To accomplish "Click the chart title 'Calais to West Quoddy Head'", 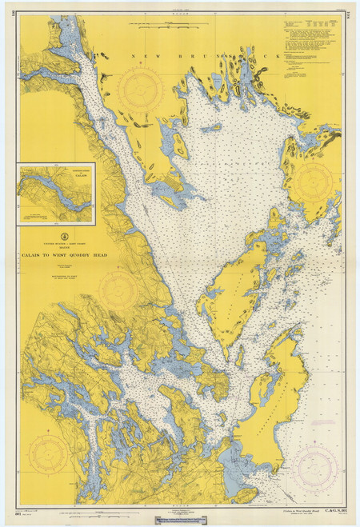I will pyautogui.click(x=58, y=246).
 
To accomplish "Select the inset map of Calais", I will pyautogui.click(x=56, y=194).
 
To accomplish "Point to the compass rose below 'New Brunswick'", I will pyautogui.click(x=141, y=89).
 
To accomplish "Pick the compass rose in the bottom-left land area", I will pyautogui.click(x=48, y=453).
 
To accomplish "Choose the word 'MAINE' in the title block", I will pyautogui.click(x=58, y=240).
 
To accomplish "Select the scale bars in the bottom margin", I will pyautogui.click(x=177, y=509).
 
